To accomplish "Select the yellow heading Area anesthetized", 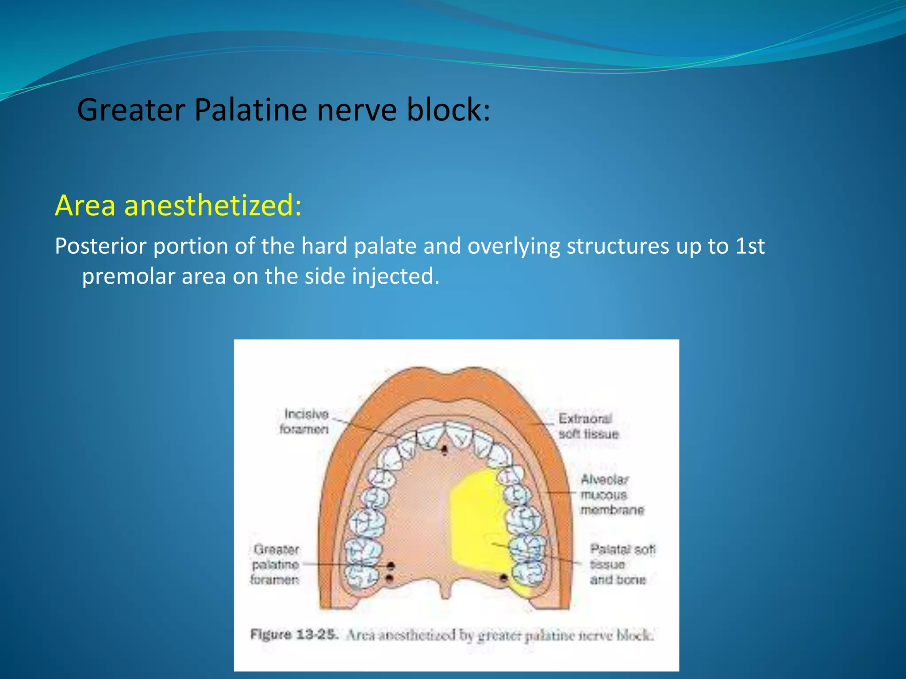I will [x=178, y=206].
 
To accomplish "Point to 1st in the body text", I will [x=750, y=246].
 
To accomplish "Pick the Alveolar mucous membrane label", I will [x=611, y=495].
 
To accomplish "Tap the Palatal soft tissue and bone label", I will [x=621, y=564].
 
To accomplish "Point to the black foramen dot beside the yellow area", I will [x=503, y=578].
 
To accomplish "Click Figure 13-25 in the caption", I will [x=294, y=635].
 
